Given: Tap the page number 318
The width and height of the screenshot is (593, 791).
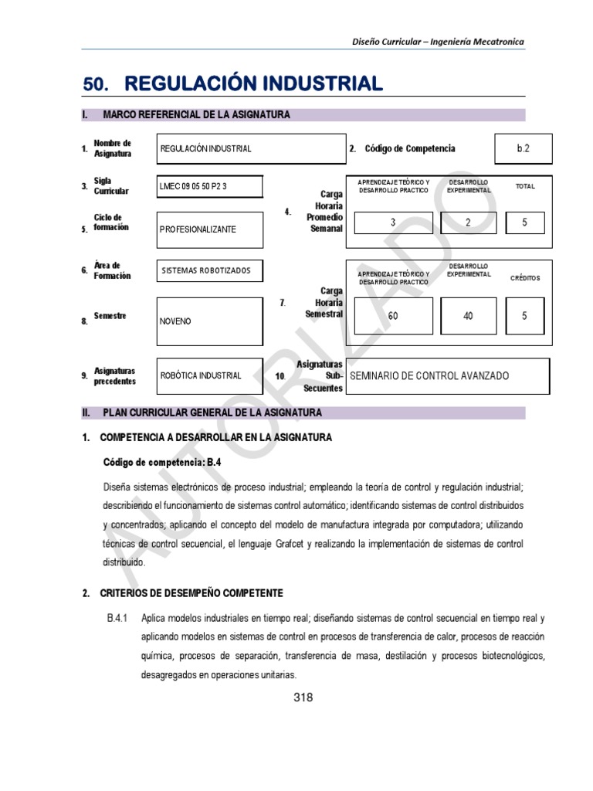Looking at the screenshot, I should [x=303, y=698].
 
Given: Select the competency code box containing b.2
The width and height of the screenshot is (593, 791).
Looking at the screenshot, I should [x=524, y=148].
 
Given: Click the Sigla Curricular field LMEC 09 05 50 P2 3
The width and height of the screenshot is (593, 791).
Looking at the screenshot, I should [x=209, y=187].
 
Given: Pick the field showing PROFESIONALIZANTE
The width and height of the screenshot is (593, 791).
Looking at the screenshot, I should [x=209, y=229].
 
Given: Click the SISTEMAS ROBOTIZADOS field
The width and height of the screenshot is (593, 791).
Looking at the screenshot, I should [x=209, y=270].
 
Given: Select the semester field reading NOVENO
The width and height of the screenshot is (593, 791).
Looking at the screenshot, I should [x=209, y=320].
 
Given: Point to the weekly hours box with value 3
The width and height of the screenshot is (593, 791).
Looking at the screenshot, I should [x=393, y=223].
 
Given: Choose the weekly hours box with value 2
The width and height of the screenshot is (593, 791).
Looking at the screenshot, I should [x=468, y=223].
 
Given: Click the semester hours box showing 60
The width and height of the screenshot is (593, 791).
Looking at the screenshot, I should [x=393, y=316].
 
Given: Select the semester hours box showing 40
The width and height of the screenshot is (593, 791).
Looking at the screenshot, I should [x=468, y=316].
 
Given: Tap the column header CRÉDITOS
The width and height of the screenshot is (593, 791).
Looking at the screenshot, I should [x=525, y=278].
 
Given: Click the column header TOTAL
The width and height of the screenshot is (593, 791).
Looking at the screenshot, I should [x=525, y=186].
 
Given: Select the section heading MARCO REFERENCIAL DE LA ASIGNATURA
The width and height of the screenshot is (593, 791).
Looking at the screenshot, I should [x=196, y=115].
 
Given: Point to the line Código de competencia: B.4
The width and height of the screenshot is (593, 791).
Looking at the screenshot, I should [x=157, y=462].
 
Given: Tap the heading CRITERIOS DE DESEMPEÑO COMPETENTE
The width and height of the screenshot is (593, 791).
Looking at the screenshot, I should [x=191, y=593].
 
